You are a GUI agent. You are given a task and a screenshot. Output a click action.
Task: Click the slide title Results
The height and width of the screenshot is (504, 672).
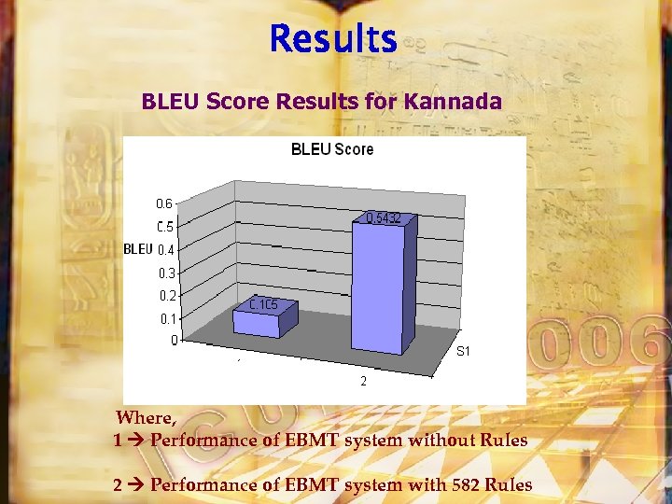333,39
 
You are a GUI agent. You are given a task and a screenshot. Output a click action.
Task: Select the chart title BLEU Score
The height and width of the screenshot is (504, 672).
332,149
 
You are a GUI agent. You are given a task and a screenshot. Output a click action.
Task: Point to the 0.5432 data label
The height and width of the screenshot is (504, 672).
383,218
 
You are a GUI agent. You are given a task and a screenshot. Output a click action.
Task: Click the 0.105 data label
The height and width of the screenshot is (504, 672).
261,304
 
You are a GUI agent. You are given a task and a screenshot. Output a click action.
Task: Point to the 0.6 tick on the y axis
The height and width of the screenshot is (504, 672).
163,203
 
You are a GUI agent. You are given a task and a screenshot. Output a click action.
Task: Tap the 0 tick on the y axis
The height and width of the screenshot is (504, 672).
174,341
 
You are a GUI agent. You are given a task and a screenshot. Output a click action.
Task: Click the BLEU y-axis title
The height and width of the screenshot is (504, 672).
137,249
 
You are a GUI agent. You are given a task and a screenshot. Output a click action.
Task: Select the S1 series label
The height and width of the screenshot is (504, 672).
463,352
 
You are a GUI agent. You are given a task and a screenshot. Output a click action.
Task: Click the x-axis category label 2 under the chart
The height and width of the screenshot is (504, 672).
363,381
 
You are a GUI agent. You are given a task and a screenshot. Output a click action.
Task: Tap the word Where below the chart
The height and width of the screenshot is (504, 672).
146,417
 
